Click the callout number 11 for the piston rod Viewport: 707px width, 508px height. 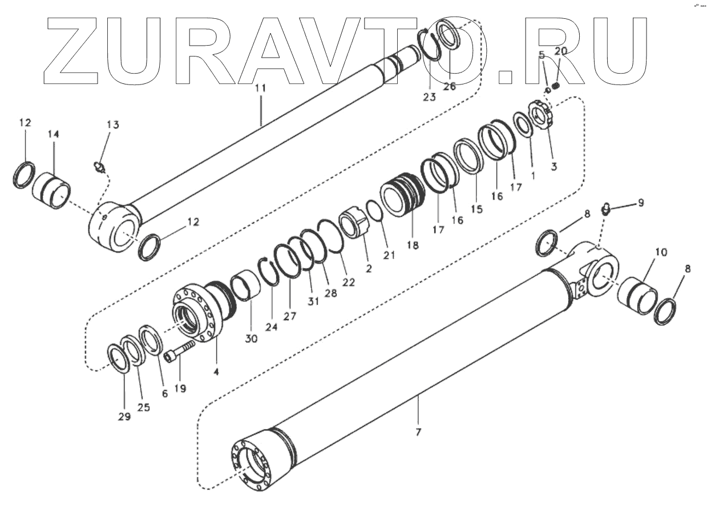[x=260, y=88]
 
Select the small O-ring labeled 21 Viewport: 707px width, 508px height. [x=373, y=213]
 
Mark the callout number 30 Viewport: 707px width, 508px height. [x=252, y=338]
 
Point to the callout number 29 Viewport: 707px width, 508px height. [x=124, y=416]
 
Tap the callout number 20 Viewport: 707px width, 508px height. [x=561, y=51]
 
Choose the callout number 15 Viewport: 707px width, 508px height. [x=476, y=209]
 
